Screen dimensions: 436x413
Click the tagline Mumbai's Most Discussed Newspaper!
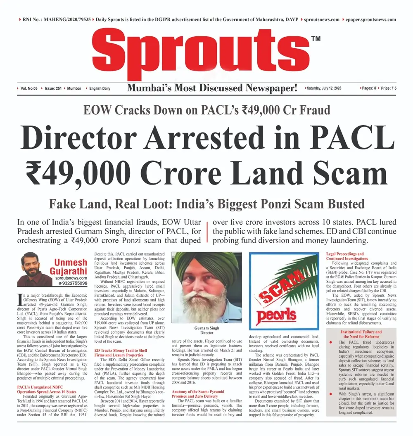tap(212, 88)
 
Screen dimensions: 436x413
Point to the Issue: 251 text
tap(52, 88)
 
